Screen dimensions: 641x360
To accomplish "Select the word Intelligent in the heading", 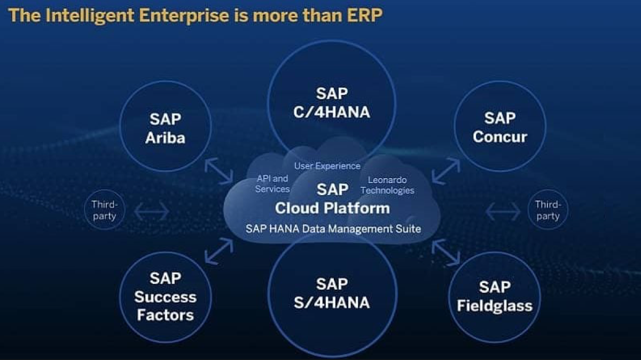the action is [x=90, y=16].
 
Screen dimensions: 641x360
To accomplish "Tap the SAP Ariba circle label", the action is [x=166, y=129].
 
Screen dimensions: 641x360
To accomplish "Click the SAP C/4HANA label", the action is [x=332, y=103].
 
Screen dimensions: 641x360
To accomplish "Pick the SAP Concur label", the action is [x=500, y=127].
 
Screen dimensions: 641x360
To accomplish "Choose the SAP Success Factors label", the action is [x=166, y=297].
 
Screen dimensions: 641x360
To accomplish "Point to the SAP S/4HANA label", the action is [x=332, y=293].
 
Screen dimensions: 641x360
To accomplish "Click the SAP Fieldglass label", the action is [x=495, y=297].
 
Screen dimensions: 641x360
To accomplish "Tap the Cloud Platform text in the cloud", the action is [x=332, y=208].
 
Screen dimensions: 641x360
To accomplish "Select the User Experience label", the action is [x=327, y=166].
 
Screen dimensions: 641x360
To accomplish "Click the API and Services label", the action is [x=272, y=183].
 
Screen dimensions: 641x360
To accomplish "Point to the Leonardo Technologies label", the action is [x=387, y=185].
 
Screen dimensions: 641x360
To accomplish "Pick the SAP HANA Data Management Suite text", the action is [x=333, y=229].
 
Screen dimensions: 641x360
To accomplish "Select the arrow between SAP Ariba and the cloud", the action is [x=219, y=171].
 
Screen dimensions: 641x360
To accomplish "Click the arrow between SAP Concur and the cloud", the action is [x=446, y=171].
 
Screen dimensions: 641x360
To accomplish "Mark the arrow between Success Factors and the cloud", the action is [x=219, y=251].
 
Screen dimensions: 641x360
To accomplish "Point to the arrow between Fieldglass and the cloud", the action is [x=446, y=253].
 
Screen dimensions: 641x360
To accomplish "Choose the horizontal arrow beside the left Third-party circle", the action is [x=152, y=211].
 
